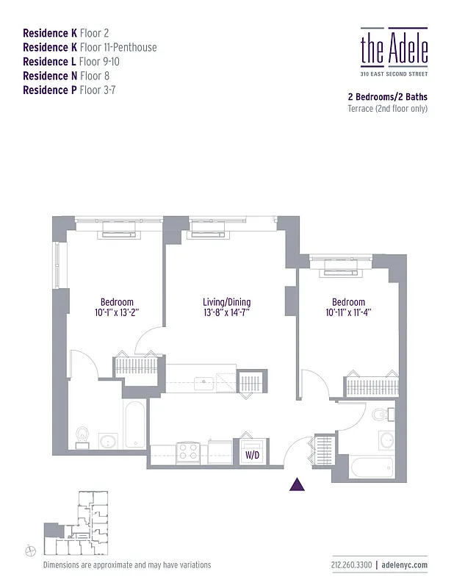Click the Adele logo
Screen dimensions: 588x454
point(394,49)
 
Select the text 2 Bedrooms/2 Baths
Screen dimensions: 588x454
point(387,96)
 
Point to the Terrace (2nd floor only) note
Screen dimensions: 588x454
point(387,109)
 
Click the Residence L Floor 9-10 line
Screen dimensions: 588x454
point(71,62)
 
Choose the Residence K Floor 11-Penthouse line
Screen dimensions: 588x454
point(90,48)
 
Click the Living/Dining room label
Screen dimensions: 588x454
point(226,302)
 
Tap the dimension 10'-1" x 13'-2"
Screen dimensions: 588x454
point(117,312)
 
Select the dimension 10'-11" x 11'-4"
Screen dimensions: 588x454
point(348,312)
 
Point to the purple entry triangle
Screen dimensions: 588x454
point(298,484)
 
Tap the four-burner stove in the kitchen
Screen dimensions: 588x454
point(187,451)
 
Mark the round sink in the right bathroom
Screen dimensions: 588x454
point(387,441)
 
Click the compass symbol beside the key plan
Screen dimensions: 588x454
point(30,551)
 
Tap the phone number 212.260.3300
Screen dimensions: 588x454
point(351,565)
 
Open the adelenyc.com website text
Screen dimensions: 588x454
point(404,565)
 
